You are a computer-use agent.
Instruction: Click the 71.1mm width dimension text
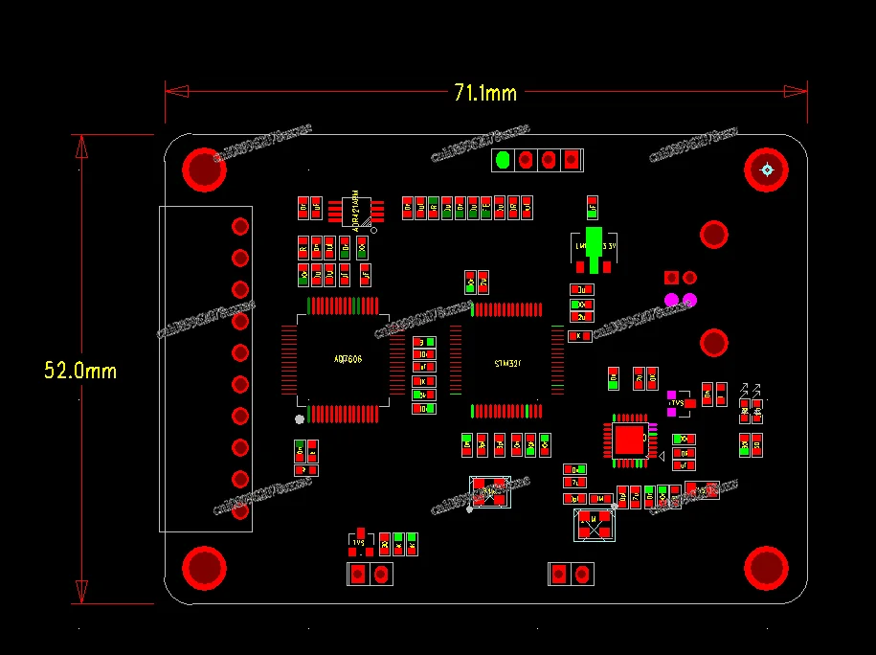click(x=485, y=93)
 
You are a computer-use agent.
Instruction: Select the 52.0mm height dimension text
click(x=80, y=370)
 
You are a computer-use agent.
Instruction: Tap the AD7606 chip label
click(x=348, y=359)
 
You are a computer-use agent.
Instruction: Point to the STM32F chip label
click(x=507, y=363)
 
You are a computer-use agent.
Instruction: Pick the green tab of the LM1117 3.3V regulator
click(x=595, y=240)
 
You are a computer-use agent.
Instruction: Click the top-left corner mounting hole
click(x=205, y=169)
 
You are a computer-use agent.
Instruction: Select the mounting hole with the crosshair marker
click(x=766, y=170)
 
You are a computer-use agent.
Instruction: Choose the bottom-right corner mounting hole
click(x=767, y=567)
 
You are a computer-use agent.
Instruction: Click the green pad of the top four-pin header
click(x=503, y=160)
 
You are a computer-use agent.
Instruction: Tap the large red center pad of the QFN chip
click(x=631, y=440)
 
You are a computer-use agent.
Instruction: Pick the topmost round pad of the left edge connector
click(x=240, y=226)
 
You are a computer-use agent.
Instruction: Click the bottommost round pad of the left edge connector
click(x=240, y=510)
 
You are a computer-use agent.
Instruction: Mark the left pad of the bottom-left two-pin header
click(x=358, y=575)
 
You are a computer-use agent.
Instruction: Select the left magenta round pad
click(x=672, y=300)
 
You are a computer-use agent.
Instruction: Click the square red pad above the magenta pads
click(x=672, y=278)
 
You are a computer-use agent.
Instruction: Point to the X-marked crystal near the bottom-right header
click(x=594, y=524)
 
